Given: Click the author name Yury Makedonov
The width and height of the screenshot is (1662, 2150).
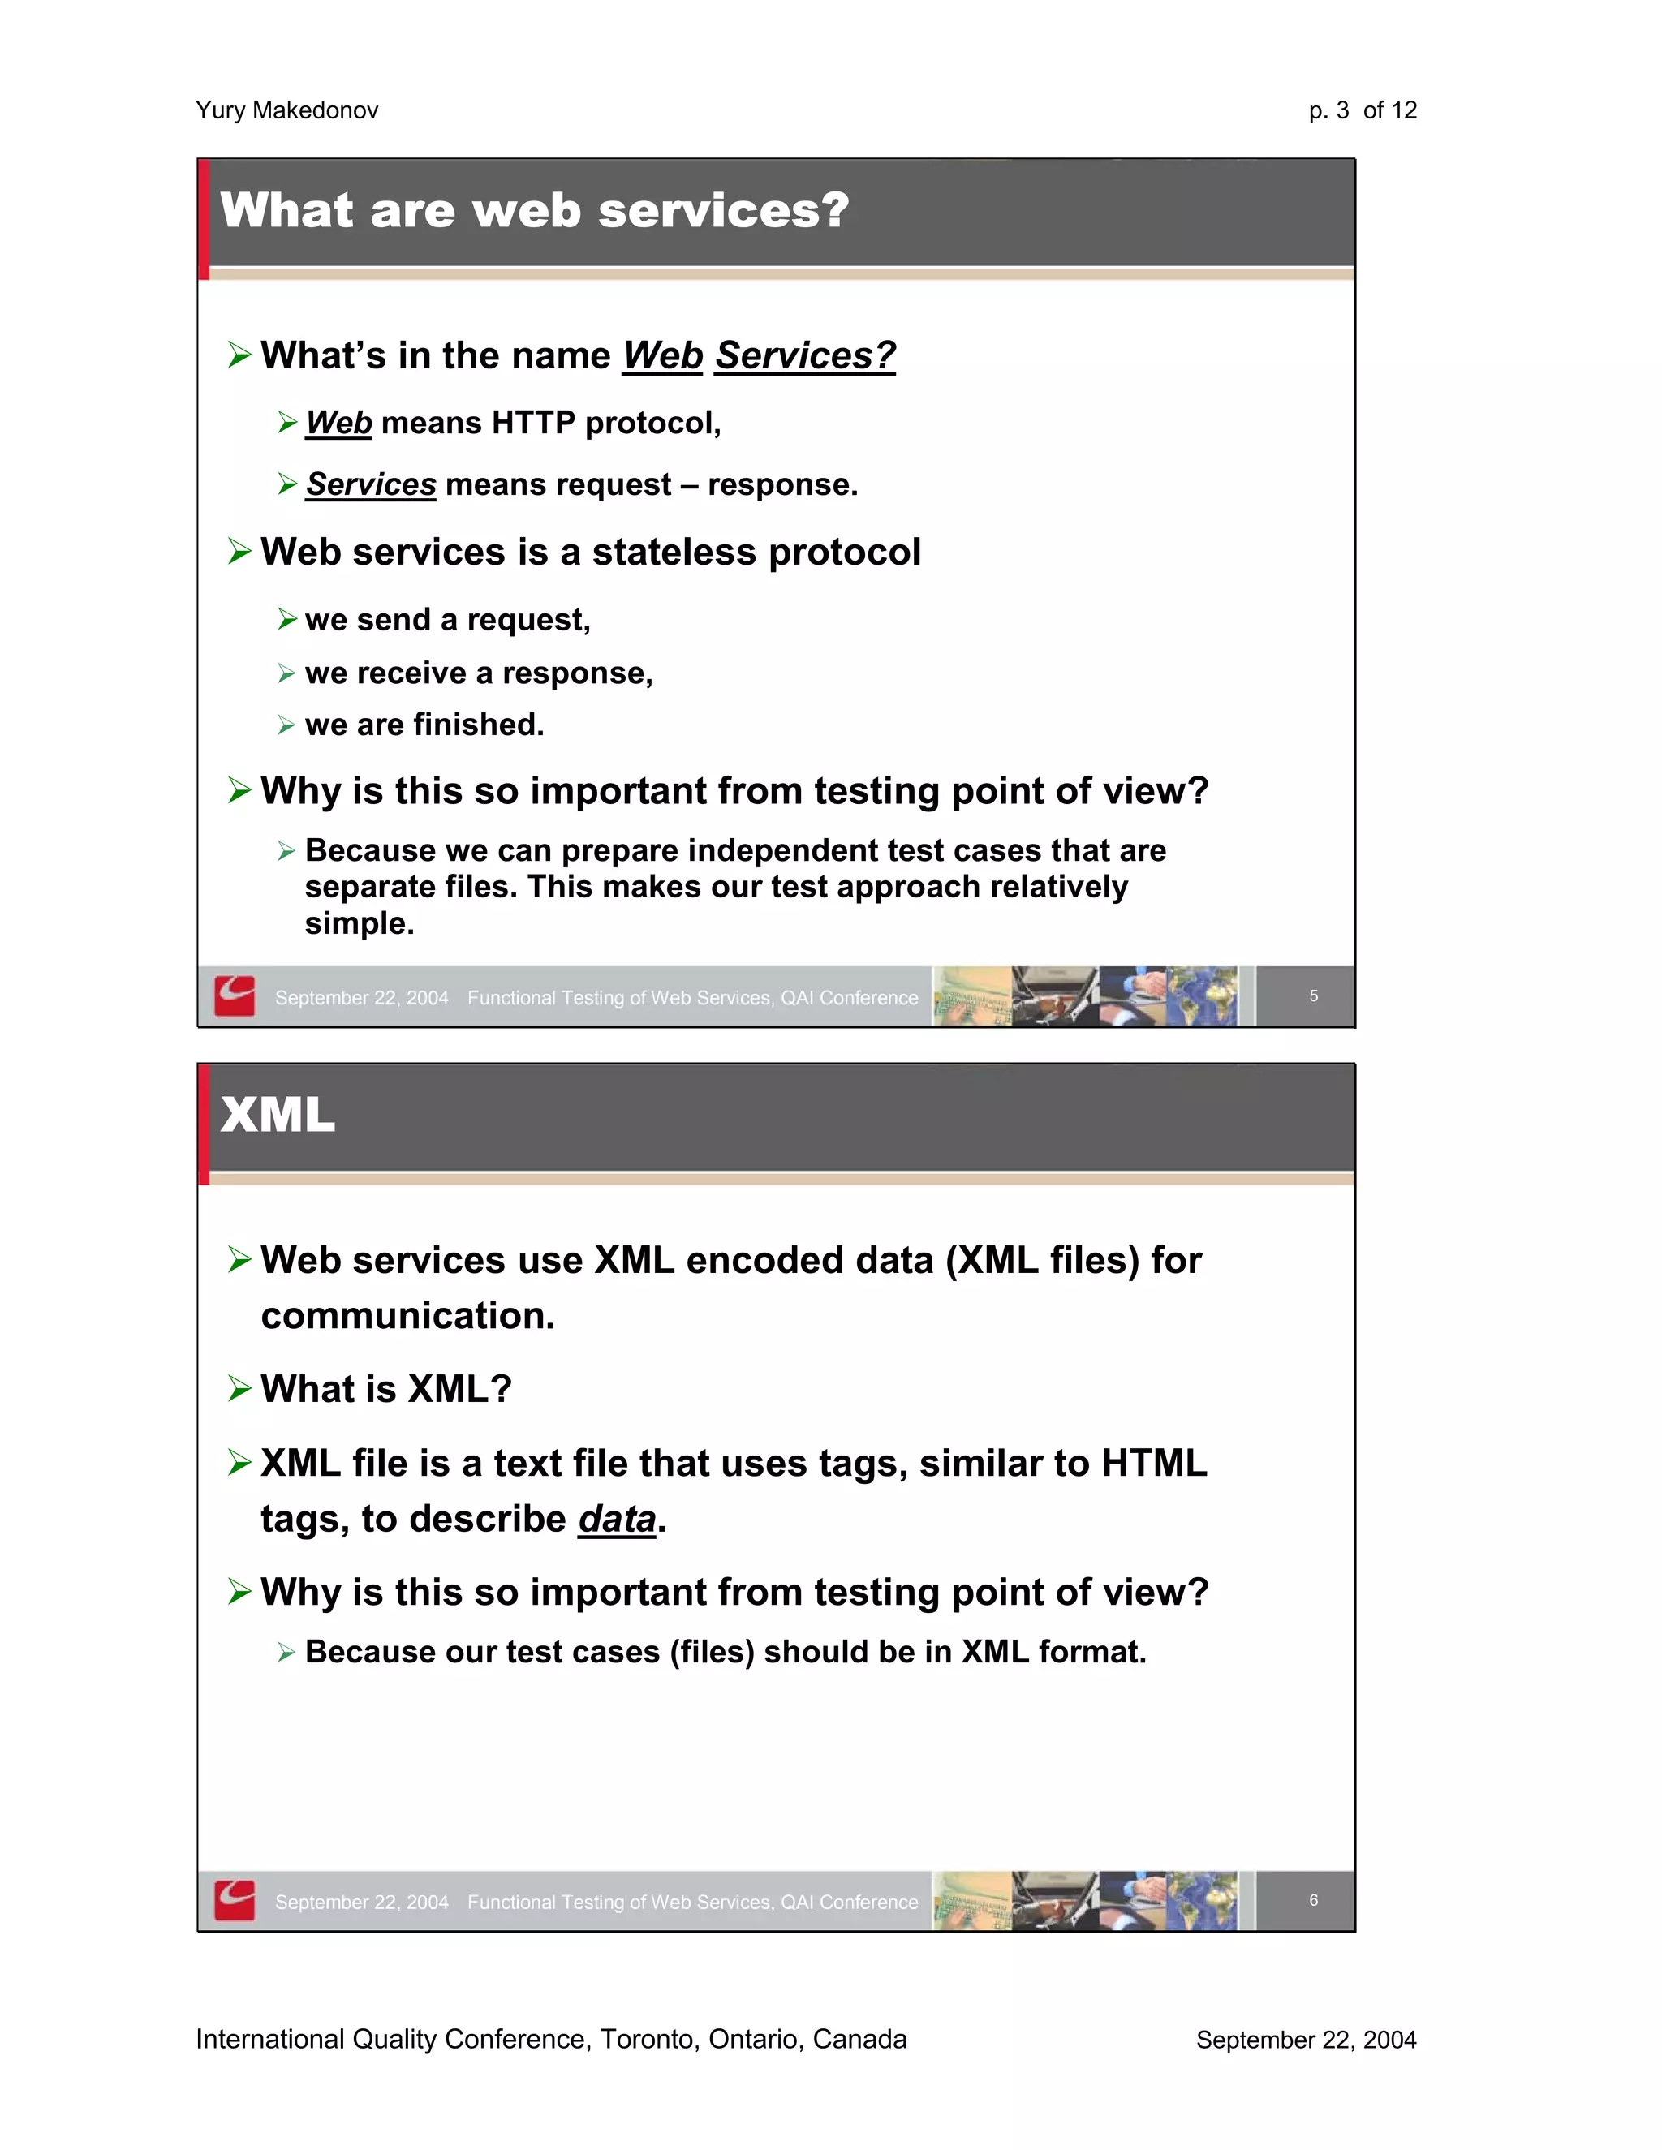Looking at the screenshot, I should pyautogui.click(x=286, y=110).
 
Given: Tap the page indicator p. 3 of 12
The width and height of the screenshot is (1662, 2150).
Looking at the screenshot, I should pyautogui.click(x=1362, y=110).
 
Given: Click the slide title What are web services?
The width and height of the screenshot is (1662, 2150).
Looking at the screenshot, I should pyautogui.click(x=535, y=211).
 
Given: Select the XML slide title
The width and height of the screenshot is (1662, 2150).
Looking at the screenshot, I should pyautogui.click(x=278, y=1116).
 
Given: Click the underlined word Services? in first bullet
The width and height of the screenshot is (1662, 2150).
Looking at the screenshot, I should pyautogui.click(x=804, y=355).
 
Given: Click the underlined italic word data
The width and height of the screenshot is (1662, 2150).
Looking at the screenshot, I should pyautogui.click(x=617, y=1519).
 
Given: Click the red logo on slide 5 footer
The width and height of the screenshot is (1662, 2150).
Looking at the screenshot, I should pyautogui.click(x=235, y=996).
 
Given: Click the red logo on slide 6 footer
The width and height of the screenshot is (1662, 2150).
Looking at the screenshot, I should pyautogui.click(x=235, y=1900).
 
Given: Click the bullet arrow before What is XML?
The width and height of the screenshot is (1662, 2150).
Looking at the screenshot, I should pyautogui.click(x=239, y=1388).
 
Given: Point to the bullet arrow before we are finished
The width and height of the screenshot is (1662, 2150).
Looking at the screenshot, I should pyautogui.click(x=286, y=725).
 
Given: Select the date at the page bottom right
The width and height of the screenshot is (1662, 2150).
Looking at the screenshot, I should pyautogui.click(x=1306, y=2040).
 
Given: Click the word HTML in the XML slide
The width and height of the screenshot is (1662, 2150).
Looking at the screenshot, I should pyautogui.click(x=1153, y=1464).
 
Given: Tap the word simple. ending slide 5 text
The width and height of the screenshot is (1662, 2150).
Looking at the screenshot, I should pyautogui.click(x=360, y=923).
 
